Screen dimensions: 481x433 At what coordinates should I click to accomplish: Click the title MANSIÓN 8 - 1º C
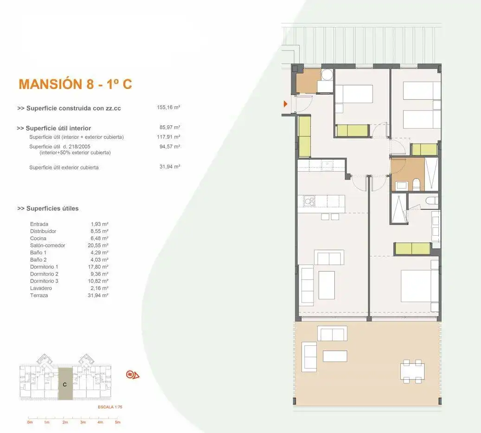[75, 84]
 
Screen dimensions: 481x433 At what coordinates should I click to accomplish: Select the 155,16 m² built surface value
[168, 107]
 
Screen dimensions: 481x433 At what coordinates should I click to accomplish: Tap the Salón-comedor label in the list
[48, 246]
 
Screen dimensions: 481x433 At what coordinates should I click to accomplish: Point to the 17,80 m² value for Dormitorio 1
[98, 267]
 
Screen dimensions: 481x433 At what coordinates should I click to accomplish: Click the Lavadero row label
[41, 288]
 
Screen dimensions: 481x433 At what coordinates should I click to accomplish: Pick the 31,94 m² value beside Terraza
[98, 295]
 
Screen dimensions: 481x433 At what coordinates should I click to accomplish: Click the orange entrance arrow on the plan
[285, 103]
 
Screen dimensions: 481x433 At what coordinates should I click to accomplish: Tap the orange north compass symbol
[133, 375]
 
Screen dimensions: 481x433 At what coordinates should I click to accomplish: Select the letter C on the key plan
[65, 385]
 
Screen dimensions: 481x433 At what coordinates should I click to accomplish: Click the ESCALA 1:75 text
[110, 407]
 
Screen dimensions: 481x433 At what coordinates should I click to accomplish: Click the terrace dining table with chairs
[412, 372]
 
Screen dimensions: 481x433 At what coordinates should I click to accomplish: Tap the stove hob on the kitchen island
[309, 201]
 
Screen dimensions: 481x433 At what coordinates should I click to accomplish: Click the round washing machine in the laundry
[327, 75]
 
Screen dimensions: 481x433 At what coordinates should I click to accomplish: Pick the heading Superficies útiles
[48, 208]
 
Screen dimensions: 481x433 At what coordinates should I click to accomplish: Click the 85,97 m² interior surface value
[170, 127]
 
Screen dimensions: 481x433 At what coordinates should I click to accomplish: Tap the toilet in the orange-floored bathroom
[416, 185]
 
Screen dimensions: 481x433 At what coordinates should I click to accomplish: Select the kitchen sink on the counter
[327, 166]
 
